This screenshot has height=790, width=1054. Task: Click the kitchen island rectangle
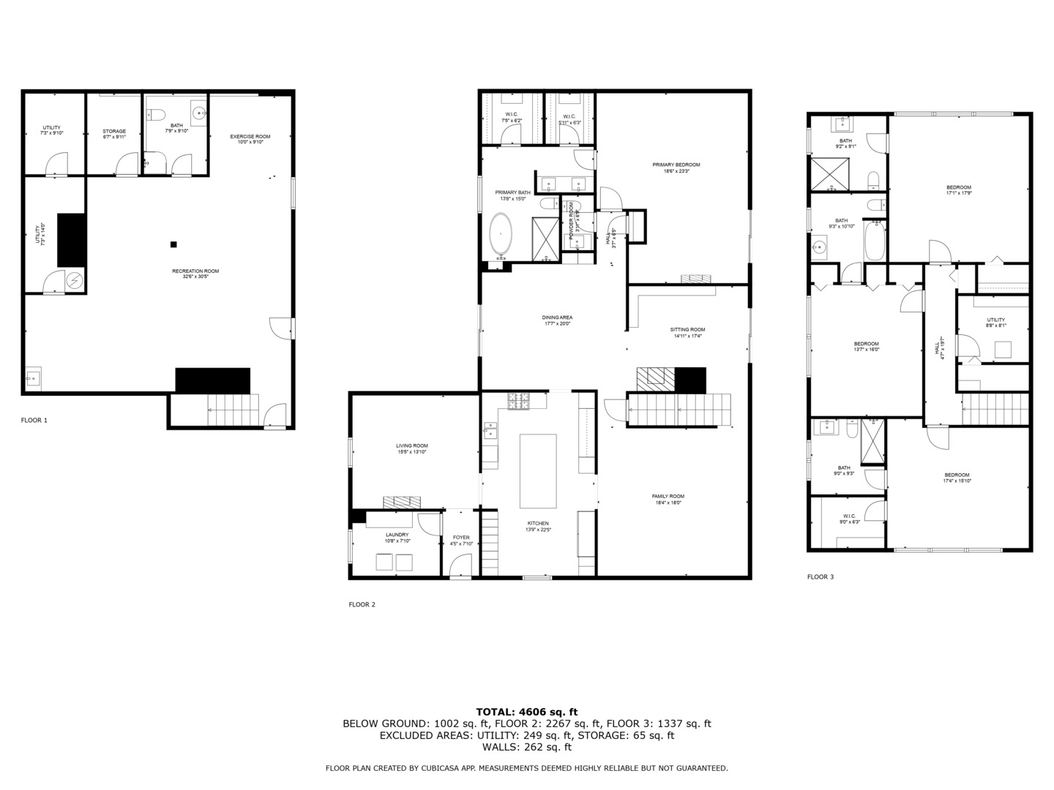click(x=538, y=471)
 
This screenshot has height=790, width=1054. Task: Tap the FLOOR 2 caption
click(x=362, y=604)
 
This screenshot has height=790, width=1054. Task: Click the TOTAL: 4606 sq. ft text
click(x=526, y=711)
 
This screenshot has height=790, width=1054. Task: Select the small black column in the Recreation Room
click(x=173, y=244)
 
